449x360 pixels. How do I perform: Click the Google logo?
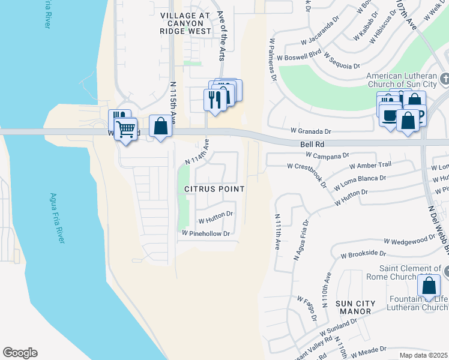pyautogui.click(x=20, y=353)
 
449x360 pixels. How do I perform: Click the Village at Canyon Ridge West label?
pyautogui.click(x=186, y=22)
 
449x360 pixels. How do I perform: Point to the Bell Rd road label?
pyautogui.click(x=312, y=145)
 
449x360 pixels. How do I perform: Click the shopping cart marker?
pyautogui.click(x=125, y=128)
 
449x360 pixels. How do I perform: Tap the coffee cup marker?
pyautogui.click(x=390, y=114)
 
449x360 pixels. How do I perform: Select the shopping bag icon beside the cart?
pyautogui.click(x=160, y=126)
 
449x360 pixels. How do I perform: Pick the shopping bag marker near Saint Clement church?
pyautogui.click(x=431, y=286)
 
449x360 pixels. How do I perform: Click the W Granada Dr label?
pyautogui.click(x=311, y=131)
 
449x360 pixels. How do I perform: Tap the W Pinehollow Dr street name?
pyautogui.click(x=206, y=233)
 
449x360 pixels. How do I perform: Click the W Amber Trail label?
pyautogui.click(x=370, y=164)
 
